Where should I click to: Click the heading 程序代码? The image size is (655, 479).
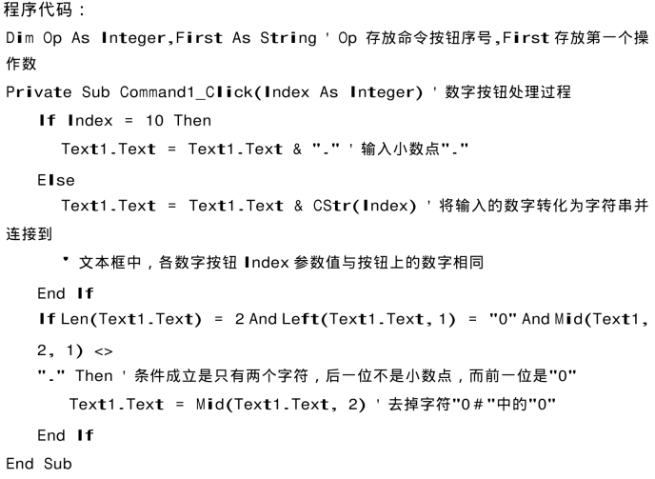pos(38,10)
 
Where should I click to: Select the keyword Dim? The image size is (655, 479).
pos(20,38)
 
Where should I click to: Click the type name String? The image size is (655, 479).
pos(288,38)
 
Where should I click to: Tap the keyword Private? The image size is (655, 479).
pos(39,92)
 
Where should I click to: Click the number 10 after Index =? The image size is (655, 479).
pos(154,121)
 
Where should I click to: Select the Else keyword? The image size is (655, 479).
pos(56,180)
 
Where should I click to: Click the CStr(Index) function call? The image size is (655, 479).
pos(365,206)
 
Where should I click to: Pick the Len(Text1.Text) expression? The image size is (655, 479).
pos(131,319)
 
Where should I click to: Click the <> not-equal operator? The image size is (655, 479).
pos(103,351)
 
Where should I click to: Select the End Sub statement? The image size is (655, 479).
pos(39,464)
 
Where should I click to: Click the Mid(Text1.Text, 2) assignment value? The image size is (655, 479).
pos(281,405)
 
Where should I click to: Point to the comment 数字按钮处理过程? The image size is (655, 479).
pos(507,92)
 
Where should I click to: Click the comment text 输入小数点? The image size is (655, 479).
pos(400,149)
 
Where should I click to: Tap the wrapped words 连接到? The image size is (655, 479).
pos(30,234)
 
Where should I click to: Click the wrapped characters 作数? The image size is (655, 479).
pos(21,64)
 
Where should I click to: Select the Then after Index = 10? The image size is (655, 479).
pos(192,121)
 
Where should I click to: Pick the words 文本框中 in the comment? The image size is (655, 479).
pos(109,263)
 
